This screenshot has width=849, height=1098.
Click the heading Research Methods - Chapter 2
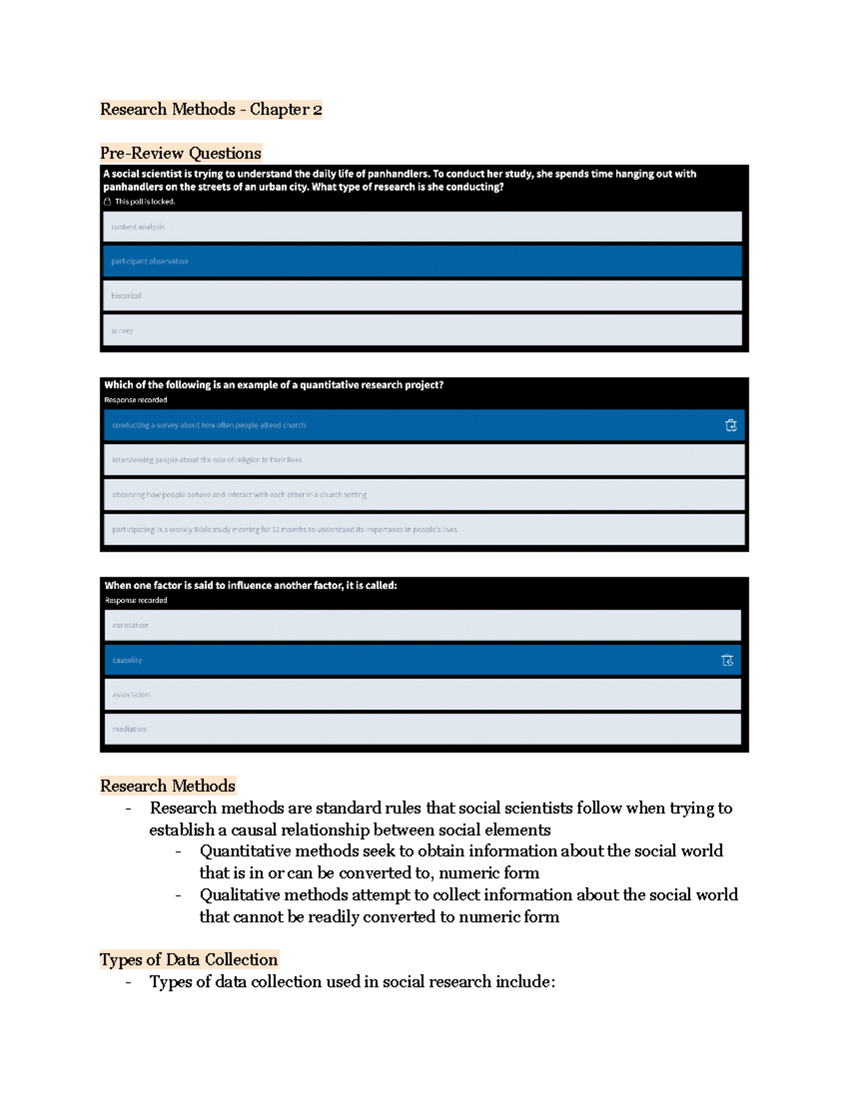(x=211, y=110)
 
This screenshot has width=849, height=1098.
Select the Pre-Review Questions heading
(x=180, y=153)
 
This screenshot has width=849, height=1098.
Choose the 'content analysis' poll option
(x=422, y=227)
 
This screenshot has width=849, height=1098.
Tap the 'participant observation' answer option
(x=422, y=262)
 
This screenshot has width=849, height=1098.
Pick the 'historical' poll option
(x=422, y=296)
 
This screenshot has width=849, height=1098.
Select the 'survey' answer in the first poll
(x=422, y=330)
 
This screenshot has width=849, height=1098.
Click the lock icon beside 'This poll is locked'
(x=108, y=202)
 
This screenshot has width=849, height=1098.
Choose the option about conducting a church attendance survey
(x=410, y=426)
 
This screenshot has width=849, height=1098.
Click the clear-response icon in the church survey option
(x=731, y=426)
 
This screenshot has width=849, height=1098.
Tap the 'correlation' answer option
(x=422, y=626)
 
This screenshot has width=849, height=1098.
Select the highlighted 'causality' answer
(x=410, y=660)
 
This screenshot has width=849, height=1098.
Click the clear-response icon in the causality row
(x=727, y=660)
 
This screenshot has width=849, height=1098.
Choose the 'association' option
(x=422, y=695)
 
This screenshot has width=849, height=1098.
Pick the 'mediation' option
(x=422, y=729)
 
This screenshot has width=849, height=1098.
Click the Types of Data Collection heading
(x=189, y=960)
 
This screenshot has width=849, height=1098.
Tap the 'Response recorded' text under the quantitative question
(x=136, y=400)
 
